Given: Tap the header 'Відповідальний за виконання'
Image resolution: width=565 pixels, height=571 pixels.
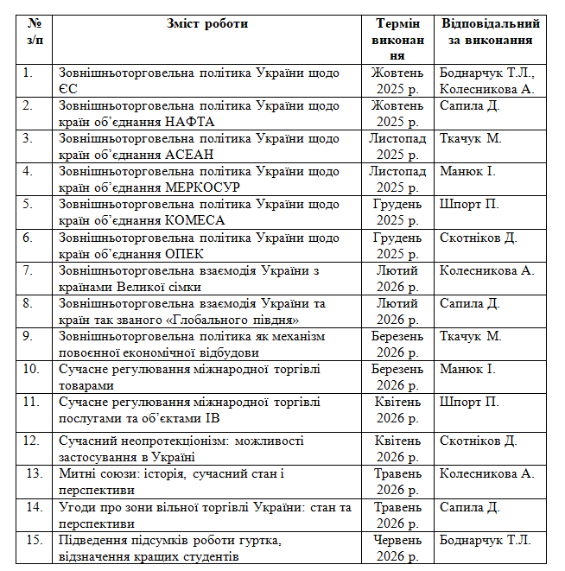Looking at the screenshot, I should [x=490, y=31].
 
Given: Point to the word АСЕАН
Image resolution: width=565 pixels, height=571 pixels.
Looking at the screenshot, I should [x=189, y=155].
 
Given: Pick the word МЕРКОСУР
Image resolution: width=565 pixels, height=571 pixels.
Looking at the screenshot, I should [x=201, y=187].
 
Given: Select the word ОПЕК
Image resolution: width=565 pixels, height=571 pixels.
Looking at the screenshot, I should [x=181, y=253].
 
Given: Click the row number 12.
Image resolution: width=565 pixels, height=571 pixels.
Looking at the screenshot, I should [x=32, y=441].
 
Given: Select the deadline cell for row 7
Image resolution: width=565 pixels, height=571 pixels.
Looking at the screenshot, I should [x=397, y=279].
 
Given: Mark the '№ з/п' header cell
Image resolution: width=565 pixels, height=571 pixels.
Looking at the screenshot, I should [x=35, y=31].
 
